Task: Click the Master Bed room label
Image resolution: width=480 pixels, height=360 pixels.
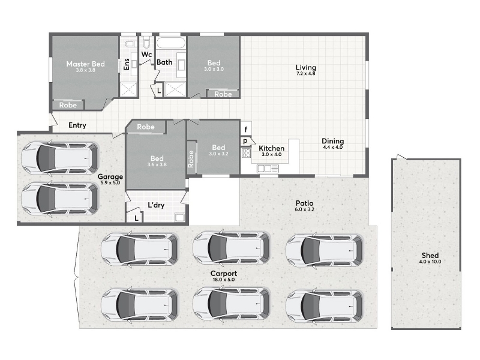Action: pos(85,64)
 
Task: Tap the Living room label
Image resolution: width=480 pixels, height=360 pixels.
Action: pos(306,67)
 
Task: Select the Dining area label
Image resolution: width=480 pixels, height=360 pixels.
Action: pos(333,141)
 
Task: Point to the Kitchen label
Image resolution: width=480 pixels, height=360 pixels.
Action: pos(272,148)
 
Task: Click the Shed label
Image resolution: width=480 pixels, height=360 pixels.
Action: pos(430,256)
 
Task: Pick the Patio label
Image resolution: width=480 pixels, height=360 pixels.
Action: pos(305,203)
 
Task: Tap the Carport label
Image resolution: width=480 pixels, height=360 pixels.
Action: pos(224,274)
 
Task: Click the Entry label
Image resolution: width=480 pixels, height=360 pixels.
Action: pos(77,125)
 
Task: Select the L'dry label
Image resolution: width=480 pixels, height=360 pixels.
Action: pos(156,205)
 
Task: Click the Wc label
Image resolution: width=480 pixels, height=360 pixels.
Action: pos(146,55)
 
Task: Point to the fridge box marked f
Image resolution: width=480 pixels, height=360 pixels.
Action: pos(246,130)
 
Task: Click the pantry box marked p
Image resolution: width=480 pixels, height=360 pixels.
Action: pos(245,142)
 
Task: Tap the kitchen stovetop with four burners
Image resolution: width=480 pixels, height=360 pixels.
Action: pos(246,153)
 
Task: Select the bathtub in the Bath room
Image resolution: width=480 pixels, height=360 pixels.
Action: pos(171,43)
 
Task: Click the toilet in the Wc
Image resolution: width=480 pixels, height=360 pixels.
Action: pos(146,42)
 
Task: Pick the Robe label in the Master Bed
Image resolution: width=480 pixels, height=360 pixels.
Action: pos(68,106)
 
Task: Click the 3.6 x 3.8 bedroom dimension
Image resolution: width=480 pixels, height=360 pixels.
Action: pos(157,164)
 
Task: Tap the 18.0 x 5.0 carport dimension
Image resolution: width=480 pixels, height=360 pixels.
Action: pos(224,280)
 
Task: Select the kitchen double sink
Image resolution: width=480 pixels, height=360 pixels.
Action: pos(268,168)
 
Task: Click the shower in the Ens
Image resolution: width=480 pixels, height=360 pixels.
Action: pos(128,89)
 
